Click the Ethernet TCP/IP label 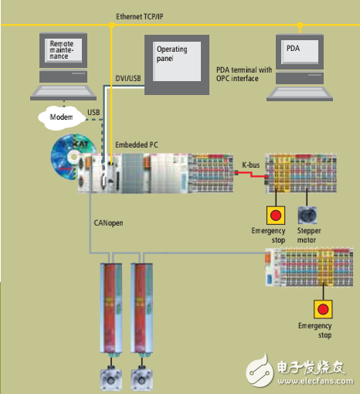(x=144, y=16)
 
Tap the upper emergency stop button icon (x=273, y=214)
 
